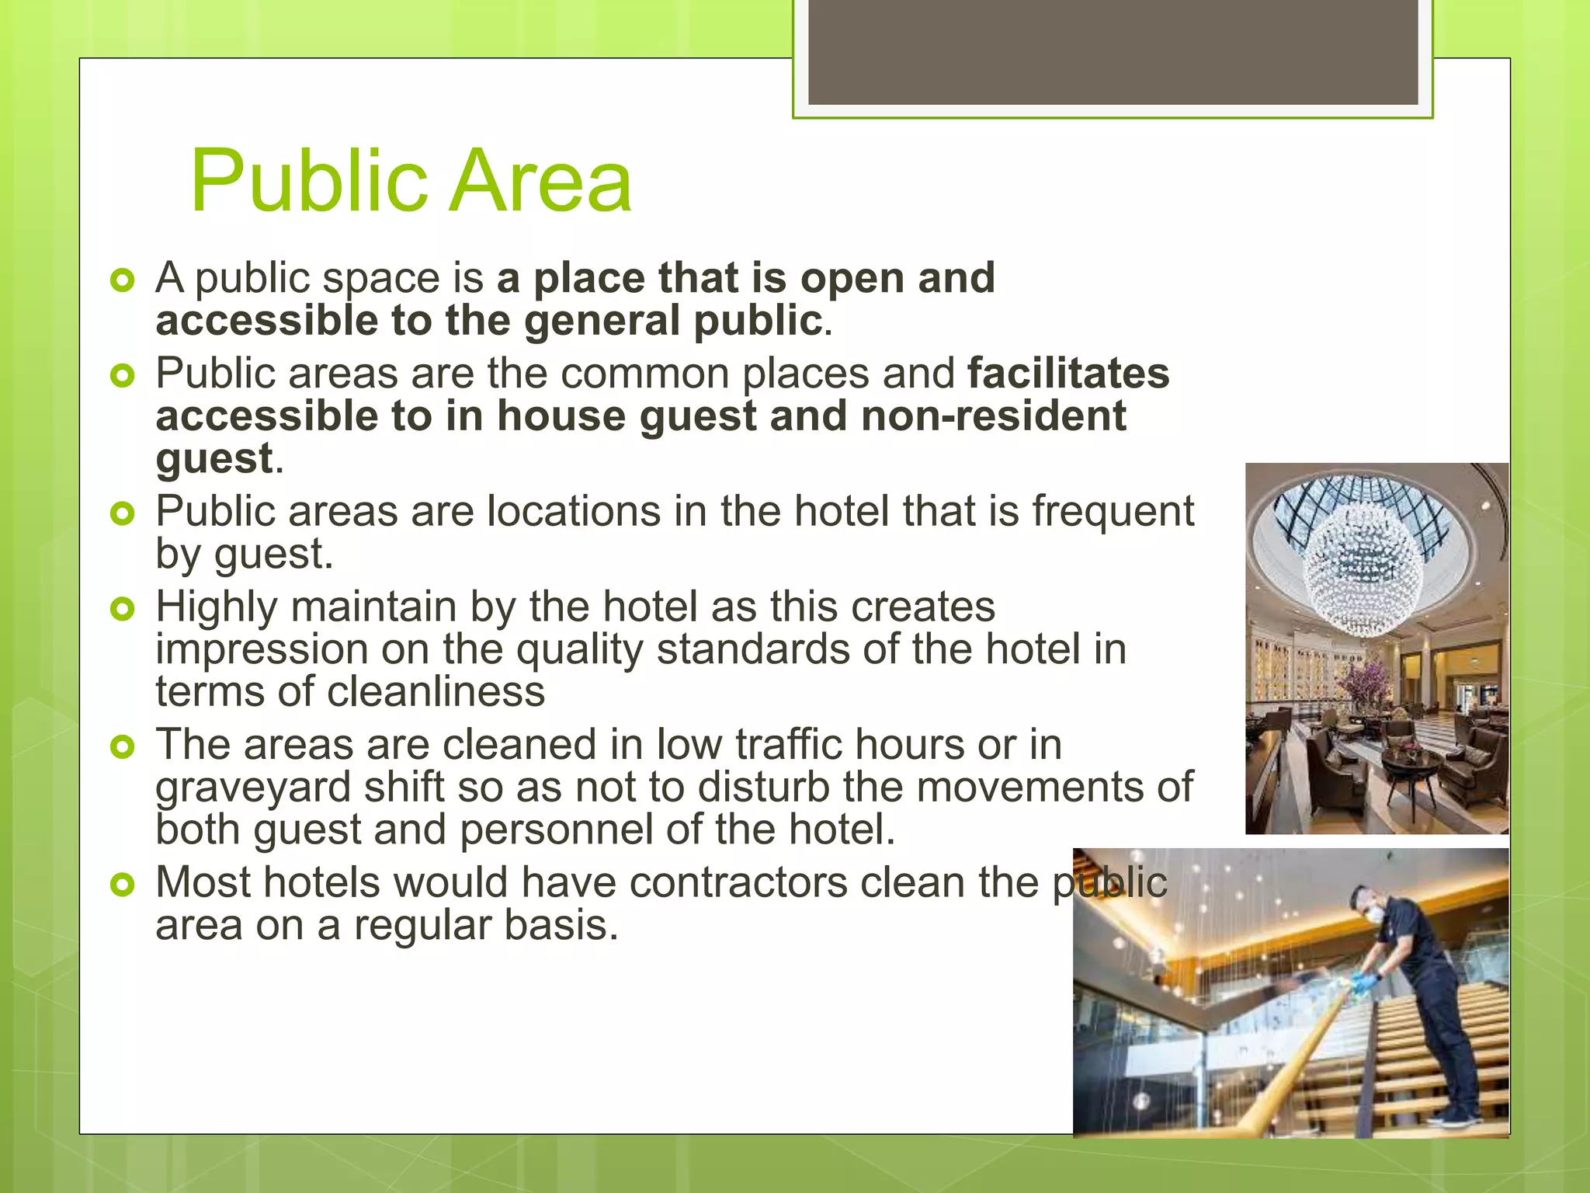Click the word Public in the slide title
311,182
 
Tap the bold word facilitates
1068,374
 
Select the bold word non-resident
994,416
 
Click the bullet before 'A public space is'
123,280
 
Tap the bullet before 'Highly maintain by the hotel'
123,608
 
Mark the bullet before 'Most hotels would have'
123,885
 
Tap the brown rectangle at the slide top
1113,51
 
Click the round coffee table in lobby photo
1413,760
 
